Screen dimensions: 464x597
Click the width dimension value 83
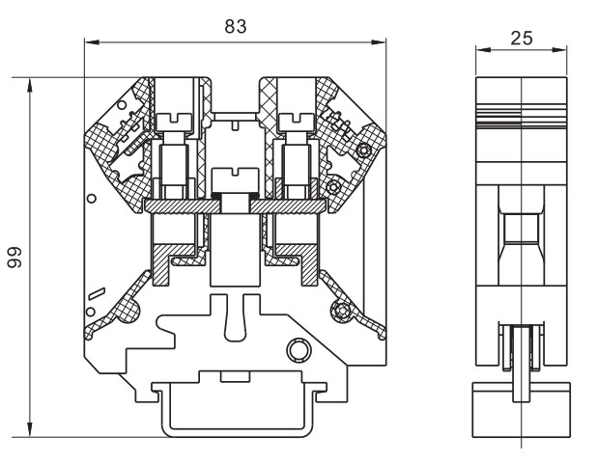[235, 27]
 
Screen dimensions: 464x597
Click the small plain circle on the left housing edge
[92, 198]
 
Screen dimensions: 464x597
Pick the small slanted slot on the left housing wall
[93, 295]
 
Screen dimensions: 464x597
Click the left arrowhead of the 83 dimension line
[89, 41]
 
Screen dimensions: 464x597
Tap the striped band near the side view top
[521, 112]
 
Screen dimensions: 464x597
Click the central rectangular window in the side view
[521, 228]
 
